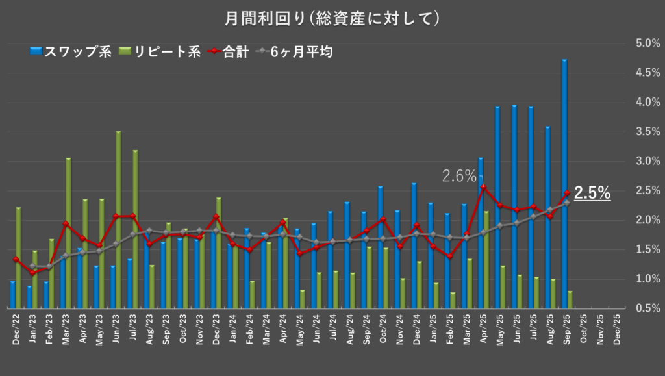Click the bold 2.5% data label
pos(592,193)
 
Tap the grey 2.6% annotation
pos(459,175)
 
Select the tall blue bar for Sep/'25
pos(564,182)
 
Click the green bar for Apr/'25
pos(486,259)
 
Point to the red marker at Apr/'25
pos(483,188)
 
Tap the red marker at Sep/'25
pos(567,193)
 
